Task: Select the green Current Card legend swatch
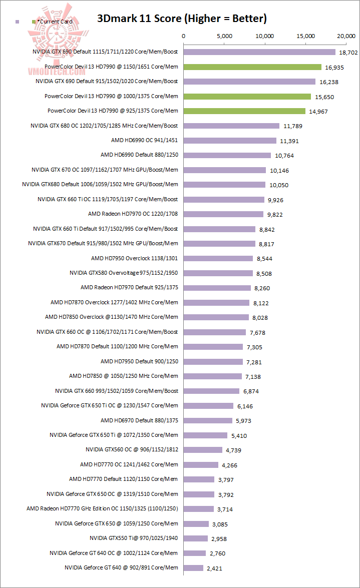click(34, 22)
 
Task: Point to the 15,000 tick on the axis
click(305, 36)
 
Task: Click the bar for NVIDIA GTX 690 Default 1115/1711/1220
click(259, 52)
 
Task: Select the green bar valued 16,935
click(252, 67)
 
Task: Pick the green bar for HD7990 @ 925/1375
click(244, 111)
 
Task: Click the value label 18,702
click(348, 52)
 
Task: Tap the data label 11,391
click(289, 141)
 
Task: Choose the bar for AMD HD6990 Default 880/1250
click(227, 155)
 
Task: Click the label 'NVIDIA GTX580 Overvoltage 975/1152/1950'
click(124, 273)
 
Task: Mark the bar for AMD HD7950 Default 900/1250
click(213, 361)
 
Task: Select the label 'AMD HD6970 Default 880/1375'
click(139, 420)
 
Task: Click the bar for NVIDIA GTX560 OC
click(203, 450)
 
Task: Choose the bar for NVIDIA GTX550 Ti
click(196, 538)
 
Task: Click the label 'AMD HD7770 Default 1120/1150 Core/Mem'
click(123, 479)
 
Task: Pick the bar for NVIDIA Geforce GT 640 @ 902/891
click(193, 568)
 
